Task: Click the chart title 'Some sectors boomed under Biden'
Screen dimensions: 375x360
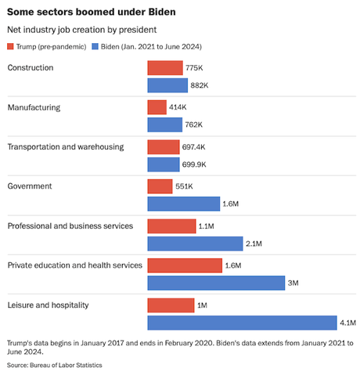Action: (x=91, y=13)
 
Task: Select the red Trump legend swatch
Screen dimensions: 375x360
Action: (x=12, y=47)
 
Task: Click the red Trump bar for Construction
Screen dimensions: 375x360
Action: (x=165, y=69)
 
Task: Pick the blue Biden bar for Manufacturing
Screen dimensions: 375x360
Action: (x=164, y=124)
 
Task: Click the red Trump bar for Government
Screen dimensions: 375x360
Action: (x=160, y=186)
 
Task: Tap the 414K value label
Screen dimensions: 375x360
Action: (x=178, y=108)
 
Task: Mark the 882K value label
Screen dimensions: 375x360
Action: (x=200, y=85)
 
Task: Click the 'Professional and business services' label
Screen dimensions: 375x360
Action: (x=70, y=225)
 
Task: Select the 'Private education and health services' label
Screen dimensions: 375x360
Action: (x=74, y=265)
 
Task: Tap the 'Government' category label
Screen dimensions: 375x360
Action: (x=30, y=186)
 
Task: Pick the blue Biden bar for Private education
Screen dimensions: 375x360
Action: (x=216, y=282)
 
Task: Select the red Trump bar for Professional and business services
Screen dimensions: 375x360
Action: (x=171, y=225)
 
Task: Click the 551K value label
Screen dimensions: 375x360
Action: (x=185, y=186)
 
